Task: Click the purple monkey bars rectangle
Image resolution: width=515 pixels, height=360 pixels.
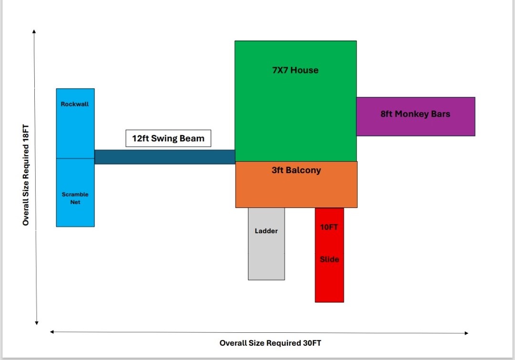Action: [x=415, y=126]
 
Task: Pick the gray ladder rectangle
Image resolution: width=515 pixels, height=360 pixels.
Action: [x=266, y=257]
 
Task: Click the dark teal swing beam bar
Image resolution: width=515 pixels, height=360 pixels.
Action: [x=165, y=157]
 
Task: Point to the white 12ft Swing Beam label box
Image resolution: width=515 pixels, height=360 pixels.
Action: [x=168, y=139]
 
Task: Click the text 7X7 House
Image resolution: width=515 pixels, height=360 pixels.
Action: [x=295, y=70]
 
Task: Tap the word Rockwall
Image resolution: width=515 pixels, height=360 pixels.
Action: [x=75, y=104]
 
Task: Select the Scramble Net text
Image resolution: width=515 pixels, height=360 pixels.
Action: [x=75, y=198]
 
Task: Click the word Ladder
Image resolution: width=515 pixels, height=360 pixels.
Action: [x=266, y=231]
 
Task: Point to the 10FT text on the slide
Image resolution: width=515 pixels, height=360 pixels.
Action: [x=329, y=227]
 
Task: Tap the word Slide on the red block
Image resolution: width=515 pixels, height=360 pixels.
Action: [x=329, y=259]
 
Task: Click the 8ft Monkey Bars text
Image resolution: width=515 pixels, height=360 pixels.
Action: [x=415, y=114]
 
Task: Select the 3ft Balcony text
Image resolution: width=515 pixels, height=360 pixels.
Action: [x=296, y=170]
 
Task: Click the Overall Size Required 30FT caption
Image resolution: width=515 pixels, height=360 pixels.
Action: [x=267, y=343]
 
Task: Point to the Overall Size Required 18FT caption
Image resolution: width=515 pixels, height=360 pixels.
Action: [x=26, y=175]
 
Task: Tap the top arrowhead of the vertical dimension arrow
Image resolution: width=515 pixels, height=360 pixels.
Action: [x=34, y=31]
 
